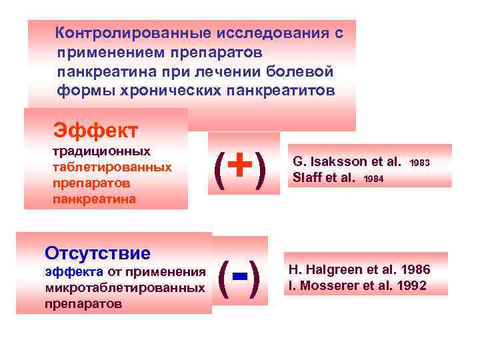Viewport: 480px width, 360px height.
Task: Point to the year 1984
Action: coord(374,179)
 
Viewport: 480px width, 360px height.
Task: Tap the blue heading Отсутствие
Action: coord(97,254)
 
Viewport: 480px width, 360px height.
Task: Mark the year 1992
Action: coord(413,287)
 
